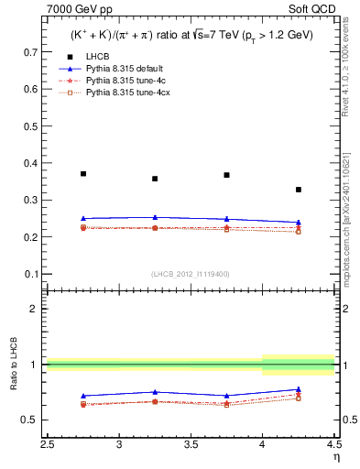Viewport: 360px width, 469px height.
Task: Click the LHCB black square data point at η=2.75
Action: (83, 173)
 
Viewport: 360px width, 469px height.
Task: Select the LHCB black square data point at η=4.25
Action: (298, 190)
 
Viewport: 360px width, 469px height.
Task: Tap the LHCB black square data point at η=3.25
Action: (155, 179)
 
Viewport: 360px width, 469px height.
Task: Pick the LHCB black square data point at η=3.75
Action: (226, 175)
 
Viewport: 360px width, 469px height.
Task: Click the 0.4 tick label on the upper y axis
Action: (32, 163)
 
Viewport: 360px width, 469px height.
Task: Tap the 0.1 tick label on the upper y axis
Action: (32, 274)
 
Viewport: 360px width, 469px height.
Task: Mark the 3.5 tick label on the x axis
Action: (191, 444)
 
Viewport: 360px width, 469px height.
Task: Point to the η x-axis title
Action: (334, 455)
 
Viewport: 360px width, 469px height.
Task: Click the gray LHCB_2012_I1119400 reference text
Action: (190, 274)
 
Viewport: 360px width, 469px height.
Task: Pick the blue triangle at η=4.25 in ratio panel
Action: (298, 389)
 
